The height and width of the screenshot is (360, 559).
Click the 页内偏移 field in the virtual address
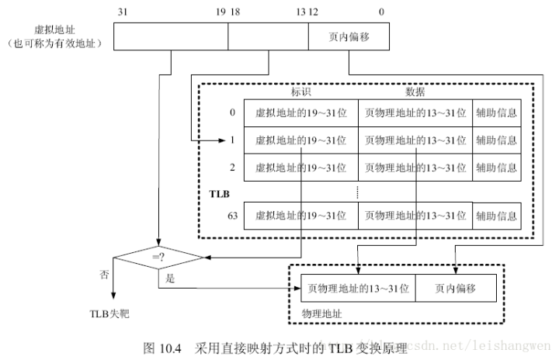[349, 37]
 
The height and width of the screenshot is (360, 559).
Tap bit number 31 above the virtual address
[122, 12]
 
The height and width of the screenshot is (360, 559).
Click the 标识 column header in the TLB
[300, 91]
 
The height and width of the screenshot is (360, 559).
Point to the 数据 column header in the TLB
[415, 91]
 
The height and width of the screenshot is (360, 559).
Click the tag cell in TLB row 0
[300, 112]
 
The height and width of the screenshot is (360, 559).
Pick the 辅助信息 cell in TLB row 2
[496, 167]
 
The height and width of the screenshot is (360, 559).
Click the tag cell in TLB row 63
[300, 215]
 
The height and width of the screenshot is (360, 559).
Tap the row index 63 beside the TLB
[231, 215]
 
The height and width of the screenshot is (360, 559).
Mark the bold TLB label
[219, 190]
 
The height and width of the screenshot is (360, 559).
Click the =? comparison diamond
[158, 256]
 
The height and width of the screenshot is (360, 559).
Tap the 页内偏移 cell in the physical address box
[455, 288]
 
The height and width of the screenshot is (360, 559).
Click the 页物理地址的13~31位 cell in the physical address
[357, 288]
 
